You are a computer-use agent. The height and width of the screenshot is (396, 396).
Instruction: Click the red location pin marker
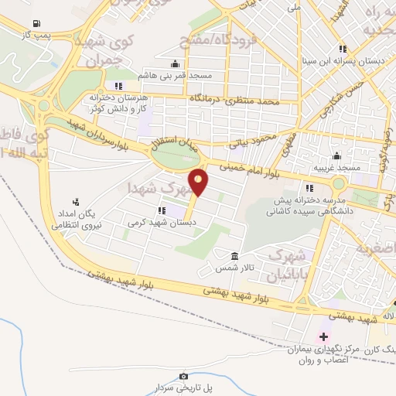click(199, 182)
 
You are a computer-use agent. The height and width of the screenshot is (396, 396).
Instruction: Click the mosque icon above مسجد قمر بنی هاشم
click(176, 63)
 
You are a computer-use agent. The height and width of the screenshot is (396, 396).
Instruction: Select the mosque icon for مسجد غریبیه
click(337, 155)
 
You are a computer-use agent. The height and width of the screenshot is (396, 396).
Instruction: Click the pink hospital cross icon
click(323, 337)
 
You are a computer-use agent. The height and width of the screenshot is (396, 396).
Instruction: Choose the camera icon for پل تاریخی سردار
click(183, 376)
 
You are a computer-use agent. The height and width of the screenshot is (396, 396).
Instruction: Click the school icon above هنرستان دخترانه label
click(118, 85)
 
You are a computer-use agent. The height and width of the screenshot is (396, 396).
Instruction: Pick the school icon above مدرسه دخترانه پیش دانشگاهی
click(309, 188)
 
